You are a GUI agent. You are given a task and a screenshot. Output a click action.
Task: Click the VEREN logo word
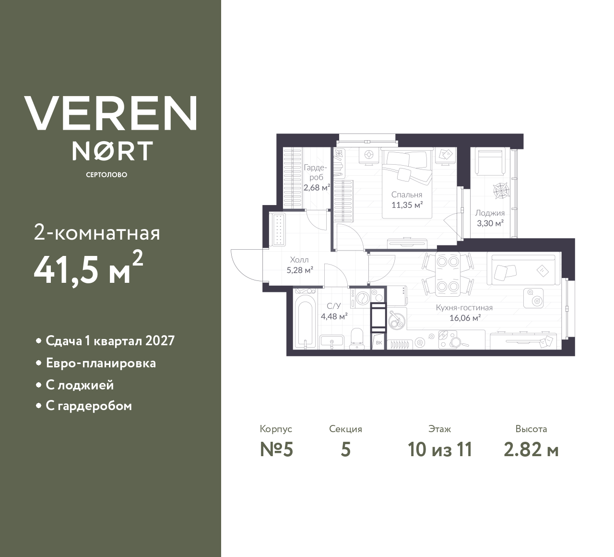pyautogui.click(x=110, y=113)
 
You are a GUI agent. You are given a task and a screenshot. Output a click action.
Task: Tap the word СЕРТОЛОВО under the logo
pyautogui.click(x=106, y=175)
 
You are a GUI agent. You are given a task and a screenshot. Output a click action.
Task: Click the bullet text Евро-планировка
pyautogui.click(x=101, y=363)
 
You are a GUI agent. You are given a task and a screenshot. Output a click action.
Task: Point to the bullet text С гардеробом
pyautogui.click(x=89, y=406)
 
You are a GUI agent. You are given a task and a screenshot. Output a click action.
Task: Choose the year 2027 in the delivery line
pyautogui.click(x=160, y=341)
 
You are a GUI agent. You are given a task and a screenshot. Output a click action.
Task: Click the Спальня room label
pyautogui.click(x=406, y=195)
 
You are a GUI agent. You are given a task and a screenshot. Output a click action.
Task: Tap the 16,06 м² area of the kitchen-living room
pyautogui.click(x=465, y=318)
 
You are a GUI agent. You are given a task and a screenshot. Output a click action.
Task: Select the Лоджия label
pyautogui.click(x=489, y=213)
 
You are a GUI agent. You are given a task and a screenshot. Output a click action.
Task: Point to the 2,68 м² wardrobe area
pyautogui.click(x=316, y=188)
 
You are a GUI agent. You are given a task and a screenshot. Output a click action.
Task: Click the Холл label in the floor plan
pyautogui.click(x=299, y=260)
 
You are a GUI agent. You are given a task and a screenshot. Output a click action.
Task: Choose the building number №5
pyautogui.click(x=276, y=449)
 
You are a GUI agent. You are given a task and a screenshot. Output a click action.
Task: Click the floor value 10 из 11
pyautogui.click(x=439, y=449)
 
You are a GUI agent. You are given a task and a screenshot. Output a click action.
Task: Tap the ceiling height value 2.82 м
pyautogui.click(x=531, y=449)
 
